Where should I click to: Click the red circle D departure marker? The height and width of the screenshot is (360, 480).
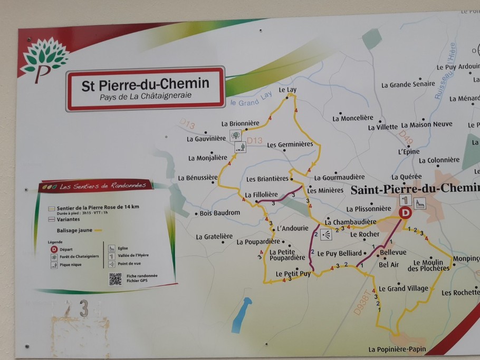pos(405,212)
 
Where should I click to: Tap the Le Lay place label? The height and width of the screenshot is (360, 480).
pos(287,90)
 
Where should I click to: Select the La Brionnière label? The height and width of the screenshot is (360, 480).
pos(239,124)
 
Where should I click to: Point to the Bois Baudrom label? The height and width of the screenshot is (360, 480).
pos(220,213)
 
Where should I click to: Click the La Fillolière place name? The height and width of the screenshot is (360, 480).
pos(262,194)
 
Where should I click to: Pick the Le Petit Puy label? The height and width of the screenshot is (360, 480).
pos(293,274)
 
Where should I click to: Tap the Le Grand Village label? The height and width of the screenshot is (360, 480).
pos(404,288)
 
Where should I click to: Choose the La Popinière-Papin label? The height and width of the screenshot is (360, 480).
pos(397,349)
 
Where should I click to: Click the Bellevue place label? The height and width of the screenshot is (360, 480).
pos(393,252)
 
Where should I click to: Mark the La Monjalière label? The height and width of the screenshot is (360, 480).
pos(208,158)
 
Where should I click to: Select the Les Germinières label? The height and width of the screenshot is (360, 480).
pos(290,144)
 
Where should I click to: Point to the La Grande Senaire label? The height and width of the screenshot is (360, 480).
pos(408,84)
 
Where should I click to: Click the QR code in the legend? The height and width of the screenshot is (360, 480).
pos(115,279)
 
